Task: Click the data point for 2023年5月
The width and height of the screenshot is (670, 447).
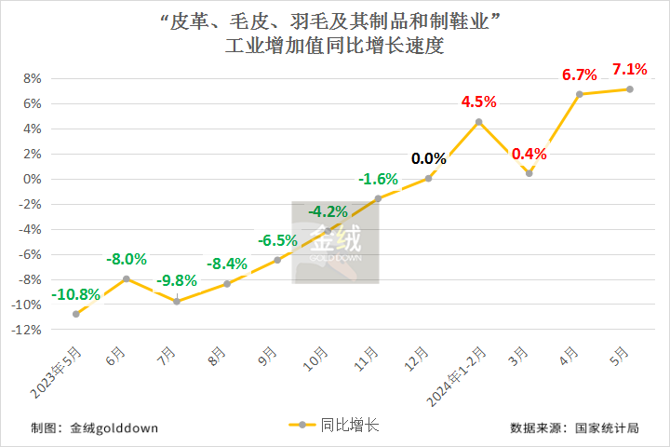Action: coord(76,314)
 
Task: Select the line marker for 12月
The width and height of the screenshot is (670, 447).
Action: coord(428,178)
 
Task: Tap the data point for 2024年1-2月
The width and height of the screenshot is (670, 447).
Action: coord(478,122)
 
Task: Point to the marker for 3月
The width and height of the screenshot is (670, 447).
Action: coord(529,173)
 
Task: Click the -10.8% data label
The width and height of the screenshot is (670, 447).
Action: coord(76,294)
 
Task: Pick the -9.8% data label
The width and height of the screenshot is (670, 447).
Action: coord(177,280)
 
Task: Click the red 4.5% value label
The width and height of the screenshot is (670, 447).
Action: coord(479,102)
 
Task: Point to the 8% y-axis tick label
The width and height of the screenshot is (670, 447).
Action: coord(33,78)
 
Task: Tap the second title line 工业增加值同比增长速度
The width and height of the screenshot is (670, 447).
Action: coord(335,47)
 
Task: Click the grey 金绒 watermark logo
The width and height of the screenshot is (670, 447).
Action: coord(335,242)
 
